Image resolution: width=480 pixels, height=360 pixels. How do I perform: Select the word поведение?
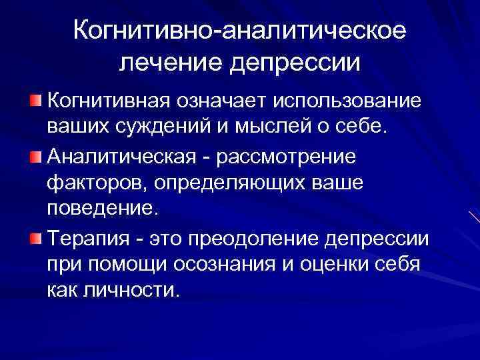point(103,211)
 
